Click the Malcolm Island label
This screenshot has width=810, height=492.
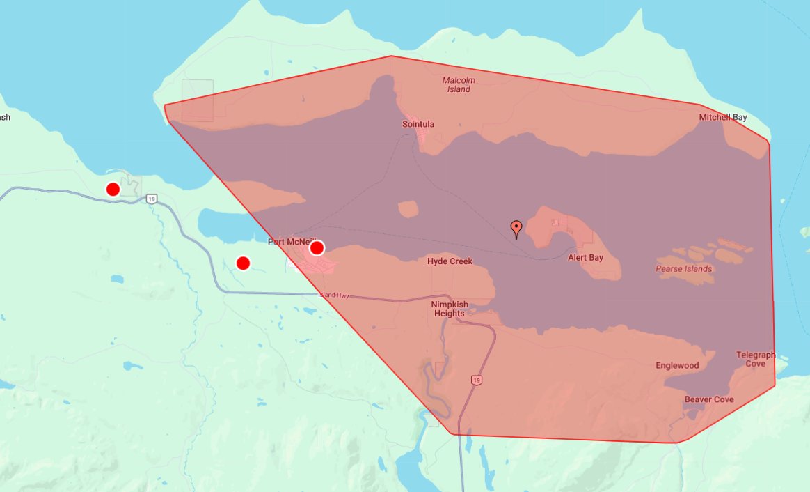coord(459,84)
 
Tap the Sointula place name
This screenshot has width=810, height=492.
coord(418,124)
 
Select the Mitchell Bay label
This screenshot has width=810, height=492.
coord(723,117)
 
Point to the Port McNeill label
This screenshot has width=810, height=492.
coord(287,242)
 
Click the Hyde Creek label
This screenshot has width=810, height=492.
coord(450,261)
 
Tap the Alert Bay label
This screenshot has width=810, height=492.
coord(585,257)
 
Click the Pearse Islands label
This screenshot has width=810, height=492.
coord(683,268)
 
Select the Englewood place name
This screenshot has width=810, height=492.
coord(676,365)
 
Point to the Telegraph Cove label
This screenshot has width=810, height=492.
coord(755,359)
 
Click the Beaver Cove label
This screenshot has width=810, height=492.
coord(708,399)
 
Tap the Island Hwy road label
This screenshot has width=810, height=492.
coord(334,295)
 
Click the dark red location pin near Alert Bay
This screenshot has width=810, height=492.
coord(516,228)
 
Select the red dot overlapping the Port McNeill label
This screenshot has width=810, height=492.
coord(317,247)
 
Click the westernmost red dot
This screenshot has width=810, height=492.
coord(113,189)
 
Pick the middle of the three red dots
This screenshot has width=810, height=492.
coord(243,263)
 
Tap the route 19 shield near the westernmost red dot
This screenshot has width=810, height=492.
coord(152,199)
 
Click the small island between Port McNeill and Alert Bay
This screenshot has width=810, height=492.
coord(408,208)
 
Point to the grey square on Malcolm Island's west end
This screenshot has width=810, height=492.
coord(198,100)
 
